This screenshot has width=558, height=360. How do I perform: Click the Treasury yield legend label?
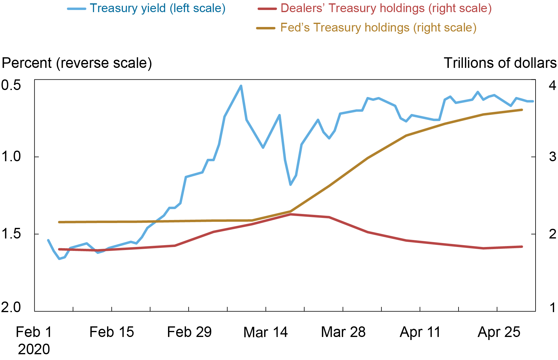[158, 8]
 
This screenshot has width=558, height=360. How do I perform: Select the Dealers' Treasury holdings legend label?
[386, 8]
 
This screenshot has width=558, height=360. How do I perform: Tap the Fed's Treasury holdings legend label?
[378, 28]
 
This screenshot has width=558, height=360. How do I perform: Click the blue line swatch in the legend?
[77, 9]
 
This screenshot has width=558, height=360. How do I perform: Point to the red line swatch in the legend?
[267, 9]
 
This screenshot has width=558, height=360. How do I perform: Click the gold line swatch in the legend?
[266, 28]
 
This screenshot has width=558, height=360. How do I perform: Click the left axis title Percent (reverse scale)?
[77, 63]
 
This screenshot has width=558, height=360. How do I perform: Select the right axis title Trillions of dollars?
[500, 63]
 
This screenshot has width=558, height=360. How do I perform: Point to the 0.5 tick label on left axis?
[11, 85]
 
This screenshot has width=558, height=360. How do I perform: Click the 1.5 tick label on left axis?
[11, 234]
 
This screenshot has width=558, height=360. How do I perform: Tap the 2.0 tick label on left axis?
[11, 307]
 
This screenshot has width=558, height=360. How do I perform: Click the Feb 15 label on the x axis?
[112, 332]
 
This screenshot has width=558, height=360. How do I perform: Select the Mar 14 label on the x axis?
[265, 332]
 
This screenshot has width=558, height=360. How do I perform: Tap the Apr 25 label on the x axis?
[499, 332]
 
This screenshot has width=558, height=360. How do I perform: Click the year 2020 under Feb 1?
[34, 349]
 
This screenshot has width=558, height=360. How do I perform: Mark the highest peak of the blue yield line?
[241, 86]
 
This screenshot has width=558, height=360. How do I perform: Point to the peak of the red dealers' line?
[291, 214]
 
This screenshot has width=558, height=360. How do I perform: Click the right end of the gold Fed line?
[522, 110]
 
